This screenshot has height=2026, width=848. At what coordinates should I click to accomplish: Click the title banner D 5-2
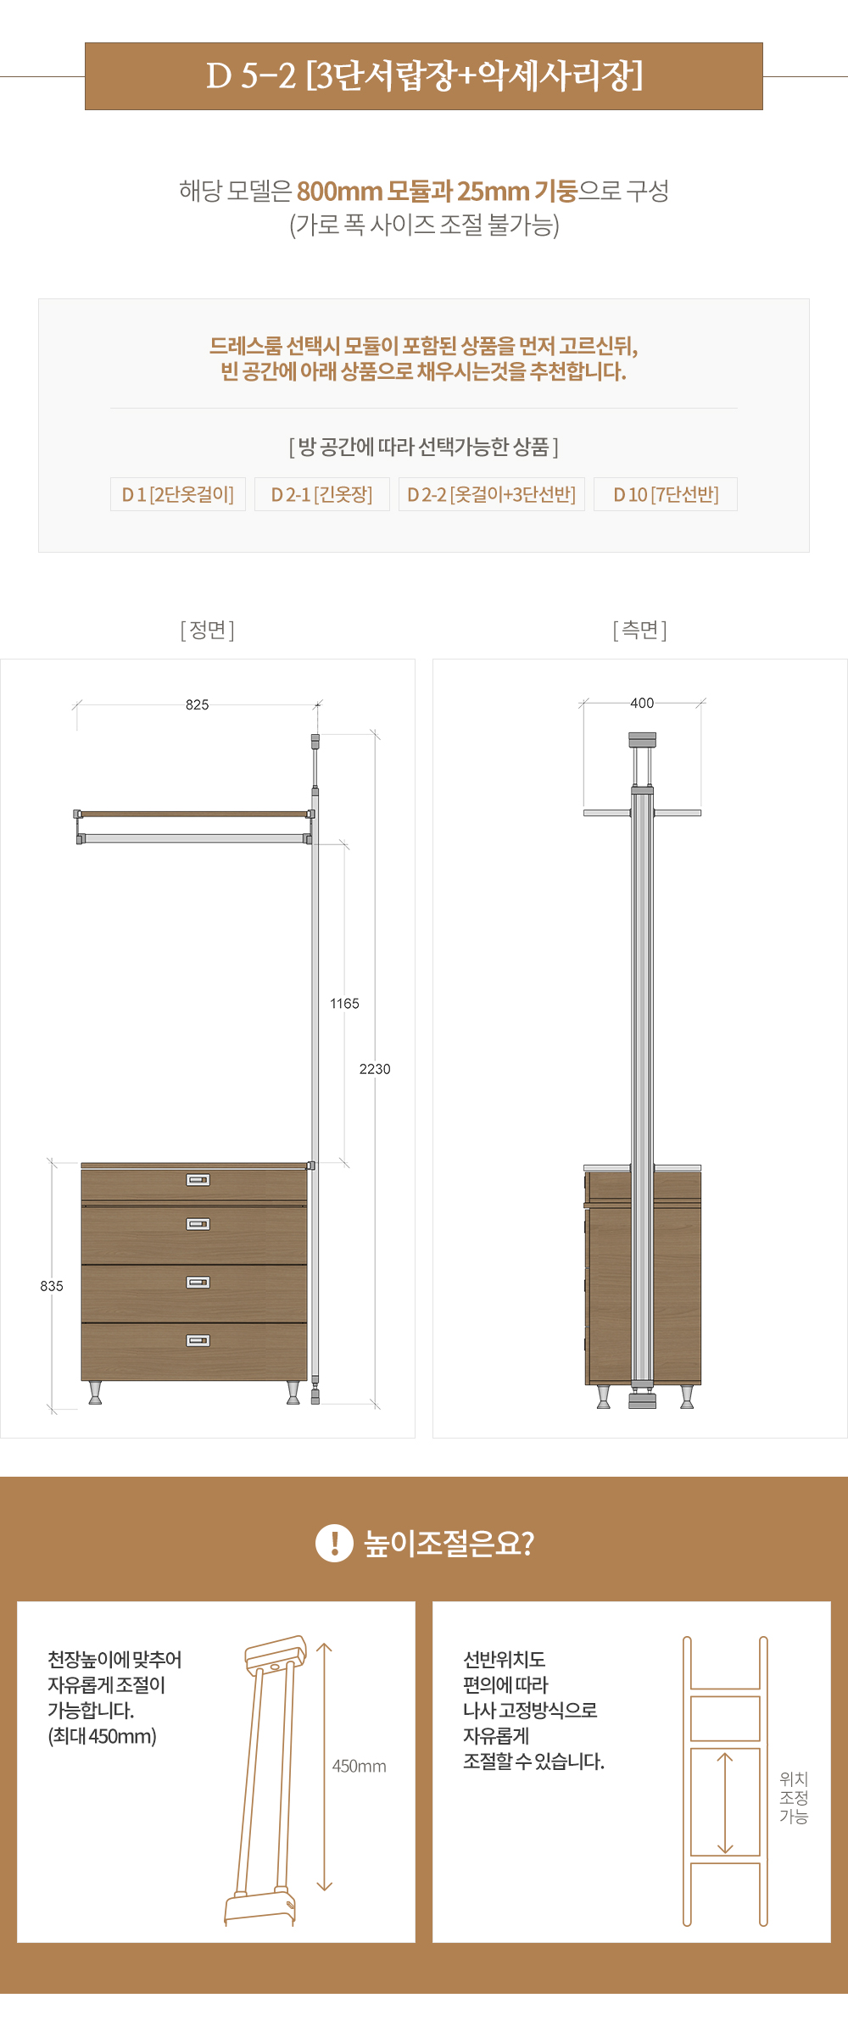(x=424, y=76)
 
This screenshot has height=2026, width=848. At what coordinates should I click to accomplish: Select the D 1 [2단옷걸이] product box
(x=178, y=494)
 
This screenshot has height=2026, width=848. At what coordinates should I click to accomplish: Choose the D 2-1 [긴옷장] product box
(x=322, y=494)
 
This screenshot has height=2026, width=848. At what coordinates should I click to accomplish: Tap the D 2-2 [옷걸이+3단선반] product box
(x=492, y=494)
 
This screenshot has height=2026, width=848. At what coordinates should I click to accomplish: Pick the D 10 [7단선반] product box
(x=666, y=494)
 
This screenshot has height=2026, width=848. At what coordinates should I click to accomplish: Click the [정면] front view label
(x=208, y=630)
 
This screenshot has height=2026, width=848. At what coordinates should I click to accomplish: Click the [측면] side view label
(x=640, y=630)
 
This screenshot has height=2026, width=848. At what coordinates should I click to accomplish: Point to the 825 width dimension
(x=198, y=704)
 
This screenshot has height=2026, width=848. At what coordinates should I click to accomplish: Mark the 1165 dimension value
(x=344, y=1004)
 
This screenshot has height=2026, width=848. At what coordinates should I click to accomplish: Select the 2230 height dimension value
(x=375, y=1069)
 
